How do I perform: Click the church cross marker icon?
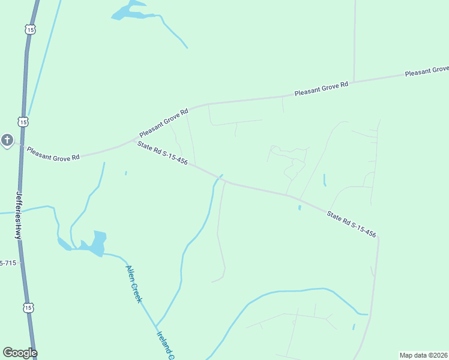coord(7,140)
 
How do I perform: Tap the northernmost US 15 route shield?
coord(31,29)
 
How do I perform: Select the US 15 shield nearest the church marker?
coord(23,122)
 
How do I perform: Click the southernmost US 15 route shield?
coord(28,307)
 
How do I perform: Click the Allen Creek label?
coord(133,284)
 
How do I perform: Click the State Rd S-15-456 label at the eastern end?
coord(351,224)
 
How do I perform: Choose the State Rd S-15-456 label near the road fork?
coord(162,154)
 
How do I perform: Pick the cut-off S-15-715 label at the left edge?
coord(8,263)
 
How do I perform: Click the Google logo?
coord(20,353)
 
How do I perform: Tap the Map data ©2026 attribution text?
coord(423,355)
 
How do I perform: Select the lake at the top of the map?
coord(128,11)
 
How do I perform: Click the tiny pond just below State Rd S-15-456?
coord(300,208)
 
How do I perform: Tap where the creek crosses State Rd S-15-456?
coord(219,177)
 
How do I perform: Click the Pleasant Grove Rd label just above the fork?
coord(164,122)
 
